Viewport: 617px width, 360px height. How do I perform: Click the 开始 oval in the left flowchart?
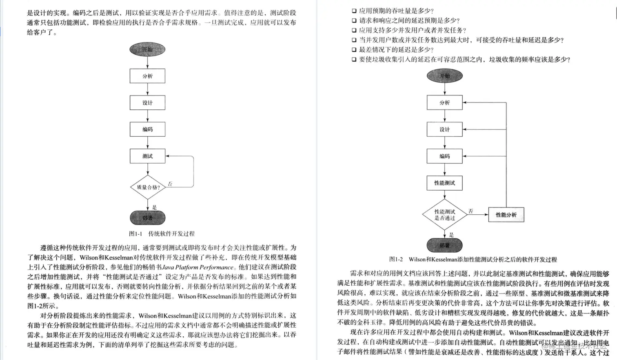(x=147, y=49)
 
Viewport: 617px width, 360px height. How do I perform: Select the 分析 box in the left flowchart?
(x=147, y=76)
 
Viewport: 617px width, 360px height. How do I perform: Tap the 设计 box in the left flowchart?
(x=147, y=102)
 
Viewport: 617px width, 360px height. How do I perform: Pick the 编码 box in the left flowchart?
(x=147, y=129)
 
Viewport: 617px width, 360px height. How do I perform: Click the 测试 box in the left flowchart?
(x=147, y=156)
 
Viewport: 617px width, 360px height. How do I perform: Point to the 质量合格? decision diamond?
(x=148, y=187)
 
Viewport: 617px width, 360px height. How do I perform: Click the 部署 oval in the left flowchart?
(x=147, y=218)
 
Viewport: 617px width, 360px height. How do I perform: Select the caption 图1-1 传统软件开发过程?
(x=162, y=234)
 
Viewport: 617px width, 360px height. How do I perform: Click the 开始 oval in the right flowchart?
(x=444, y=76)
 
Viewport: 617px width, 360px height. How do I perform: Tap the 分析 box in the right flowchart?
(x=444, y=102)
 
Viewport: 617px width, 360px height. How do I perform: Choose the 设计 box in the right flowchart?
(x=444, y=129)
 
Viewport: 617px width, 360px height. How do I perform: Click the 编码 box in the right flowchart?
(x=444, y=156)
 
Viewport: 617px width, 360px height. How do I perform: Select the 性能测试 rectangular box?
(x=444, y=183)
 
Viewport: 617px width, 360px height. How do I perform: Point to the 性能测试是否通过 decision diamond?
(x=444, y=215)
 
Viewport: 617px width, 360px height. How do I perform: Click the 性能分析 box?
(x=506, y=215)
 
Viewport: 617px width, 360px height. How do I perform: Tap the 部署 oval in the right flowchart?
(x=444, y=245)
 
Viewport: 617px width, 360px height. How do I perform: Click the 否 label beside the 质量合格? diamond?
(x=170, y=184)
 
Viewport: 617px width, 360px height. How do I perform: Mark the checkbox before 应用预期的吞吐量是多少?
(x=354, y=11)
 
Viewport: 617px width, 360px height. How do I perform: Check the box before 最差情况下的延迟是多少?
(x=354, y=50)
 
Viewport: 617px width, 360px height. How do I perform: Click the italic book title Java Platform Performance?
(x=198, y=267)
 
